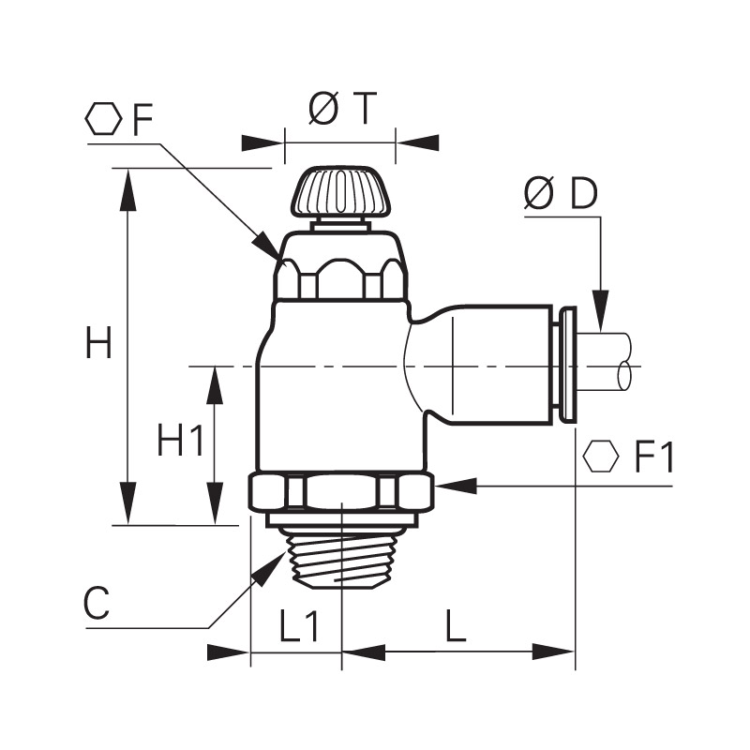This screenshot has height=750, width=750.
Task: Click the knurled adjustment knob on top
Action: click(342, 192)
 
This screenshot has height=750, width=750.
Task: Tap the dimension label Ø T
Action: click(343, 108)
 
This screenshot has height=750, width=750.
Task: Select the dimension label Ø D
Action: click(561, 194)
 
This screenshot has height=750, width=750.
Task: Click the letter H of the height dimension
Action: click(99, 342)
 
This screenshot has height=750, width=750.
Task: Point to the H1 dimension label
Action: click(180, 440)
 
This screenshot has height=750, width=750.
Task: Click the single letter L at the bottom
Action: click(456, 625)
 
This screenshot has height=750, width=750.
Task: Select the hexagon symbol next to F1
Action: click(601, 457)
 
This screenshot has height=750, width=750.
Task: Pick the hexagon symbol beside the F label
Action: click(103, 118)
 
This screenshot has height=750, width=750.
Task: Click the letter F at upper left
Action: click(142, 119)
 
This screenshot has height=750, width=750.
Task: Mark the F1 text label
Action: click(654, 457)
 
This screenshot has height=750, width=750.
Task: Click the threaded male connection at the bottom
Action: click(342, 558)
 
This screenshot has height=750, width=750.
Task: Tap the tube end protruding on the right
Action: click(606, 362)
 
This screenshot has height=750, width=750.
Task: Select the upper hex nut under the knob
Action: click(341, 277)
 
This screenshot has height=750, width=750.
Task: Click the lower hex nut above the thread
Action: click(341, 491)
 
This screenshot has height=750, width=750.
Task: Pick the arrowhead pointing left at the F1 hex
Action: click(457, 487)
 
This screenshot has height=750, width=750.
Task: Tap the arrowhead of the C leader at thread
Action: click(269, 568)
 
